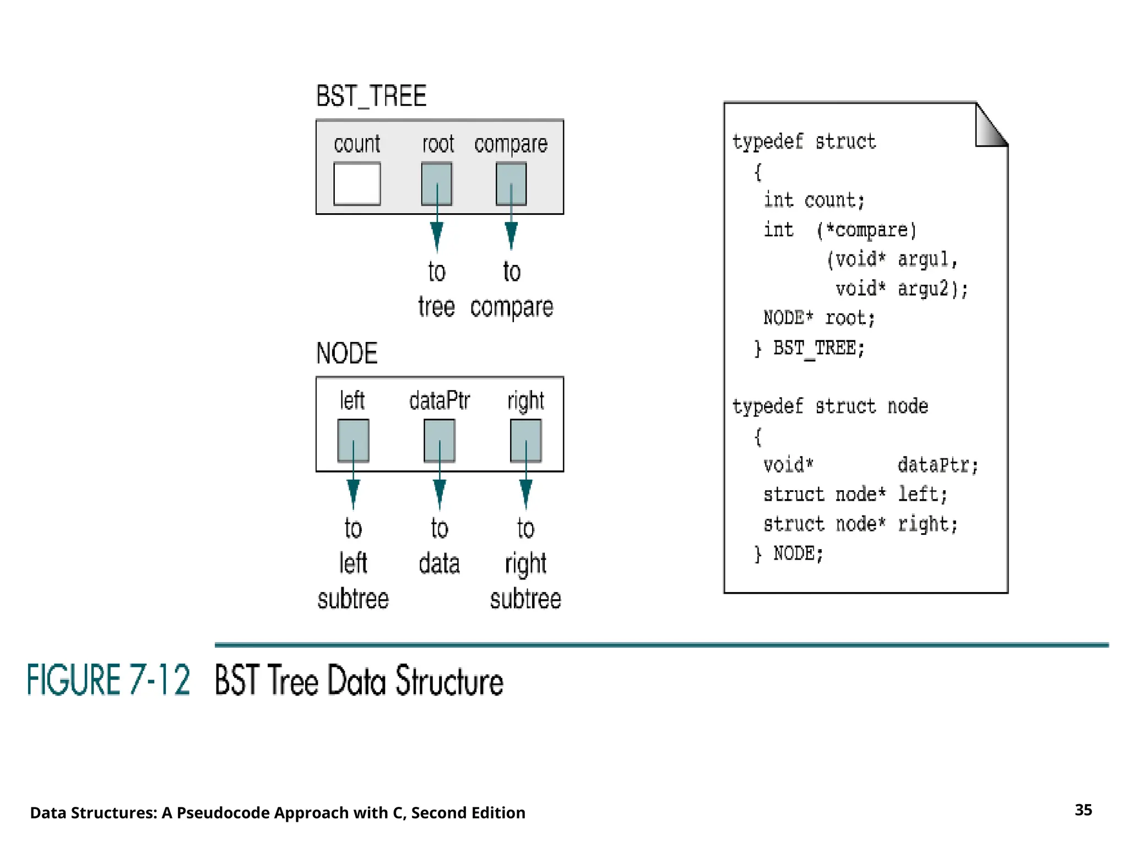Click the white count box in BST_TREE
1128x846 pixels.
[x=357, y=183]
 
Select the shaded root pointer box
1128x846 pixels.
[x=436, y=183]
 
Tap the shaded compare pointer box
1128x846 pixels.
[x=511, y=183]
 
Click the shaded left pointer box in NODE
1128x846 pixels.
[x=353, y=441]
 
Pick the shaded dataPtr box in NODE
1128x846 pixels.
[x=439, y=441]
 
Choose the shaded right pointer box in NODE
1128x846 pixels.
[x=525, y=441]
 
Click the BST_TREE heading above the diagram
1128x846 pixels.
[x=371, y=96]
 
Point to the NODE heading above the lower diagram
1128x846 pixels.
[x=346, y=354]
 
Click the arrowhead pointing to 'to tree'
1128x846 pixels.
[x=436, y=236]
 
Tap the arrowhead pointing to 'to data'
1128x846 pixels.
[x=439, y=493]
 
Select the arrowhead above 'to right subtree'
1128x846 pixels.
[x=525, y=493]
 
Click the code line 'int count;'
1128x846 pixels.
[x=814, y=200]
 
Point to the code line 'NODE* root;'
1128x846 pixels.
[x=818, y=318]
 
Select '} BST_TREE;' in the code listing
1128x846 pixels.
[x=810, y=348]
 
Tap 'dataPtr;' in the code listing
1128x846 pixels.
[x=937, y=465]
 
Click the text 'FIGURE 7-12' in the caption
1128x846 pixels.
[x=109, y=680]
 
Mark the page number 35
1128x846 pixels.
[x=1083, y=810]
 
